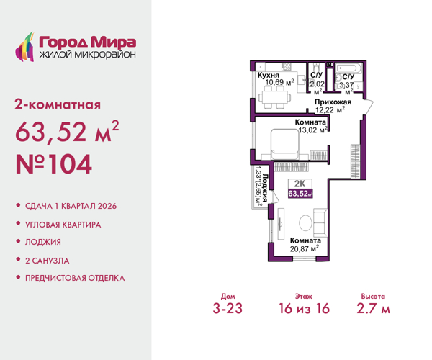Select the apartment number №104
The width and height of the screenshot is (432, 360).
54,165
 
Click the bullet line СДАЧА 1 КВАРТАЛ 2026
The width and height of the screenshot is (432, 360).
71,206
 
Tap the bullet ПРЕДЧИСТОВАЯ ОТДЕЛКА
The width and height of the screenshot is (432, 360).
75,277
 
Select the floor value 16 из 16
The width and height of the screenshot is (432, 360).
305,310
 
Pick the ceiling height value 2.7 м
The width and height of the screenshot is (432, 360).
374,310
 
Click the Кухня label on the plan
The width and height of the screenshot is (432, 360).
269,74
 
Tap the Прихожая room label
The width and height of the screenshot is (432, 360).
333,102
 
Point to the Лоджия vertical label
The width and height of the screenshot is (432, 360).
266,186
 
